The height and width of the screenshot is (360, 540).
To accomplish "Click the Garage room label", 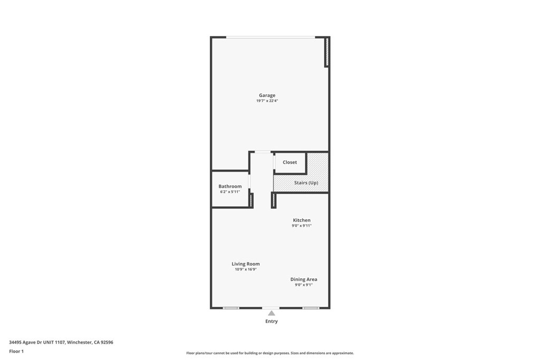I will click(267, 95).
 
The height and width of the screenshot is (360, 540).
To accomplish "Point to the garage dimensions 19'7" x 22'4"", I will click(267, 101).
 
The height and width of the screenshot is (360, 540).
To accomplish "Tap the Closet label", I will click(290, 162).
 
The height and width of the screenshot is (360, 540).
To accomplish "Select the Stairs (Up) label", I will click(306, 182).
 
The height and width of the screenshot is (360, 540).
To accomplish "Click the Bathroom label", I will click(230, 186).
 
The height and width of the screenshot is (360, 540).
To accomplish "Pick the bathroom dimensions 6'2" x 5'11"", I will click(230, 191).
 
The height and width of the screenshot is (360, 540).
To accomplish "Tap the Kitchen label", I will click(302, 220).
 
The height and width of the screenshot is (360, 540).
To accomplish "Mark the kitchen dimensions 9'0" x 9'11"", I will click(302, 226).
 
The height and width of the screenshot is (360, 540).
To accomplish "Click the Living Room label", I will click(246, 264).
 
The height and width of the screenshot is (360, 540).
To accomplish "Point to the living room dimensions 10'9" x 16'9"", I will click(246, 269).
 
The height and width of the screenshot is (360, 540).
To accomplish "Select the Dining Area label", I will click(304, 279).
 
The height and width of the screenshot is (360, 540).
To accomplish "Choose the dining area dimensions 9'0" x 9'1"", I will click(304, 285).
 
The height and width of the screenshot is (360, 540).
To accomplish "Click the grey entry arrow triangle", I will click(271, 313).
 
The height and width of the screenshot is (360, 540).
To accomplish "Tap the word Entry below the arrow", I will click(271, 321).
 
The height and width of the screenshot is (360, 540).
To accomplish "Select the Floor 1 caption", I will click(16, 351).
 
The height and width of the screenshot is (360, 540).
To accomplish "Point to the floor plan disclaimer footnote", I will click(270, 353).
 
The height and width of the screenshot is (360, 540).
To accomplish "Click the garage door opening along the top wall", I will click(271, 37).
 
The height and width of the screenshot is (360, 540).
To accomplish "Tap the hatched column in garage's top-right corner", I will click(326, 52).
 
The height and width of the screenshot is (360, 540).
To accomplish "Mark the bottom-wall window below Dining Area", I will click(311, 308).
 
